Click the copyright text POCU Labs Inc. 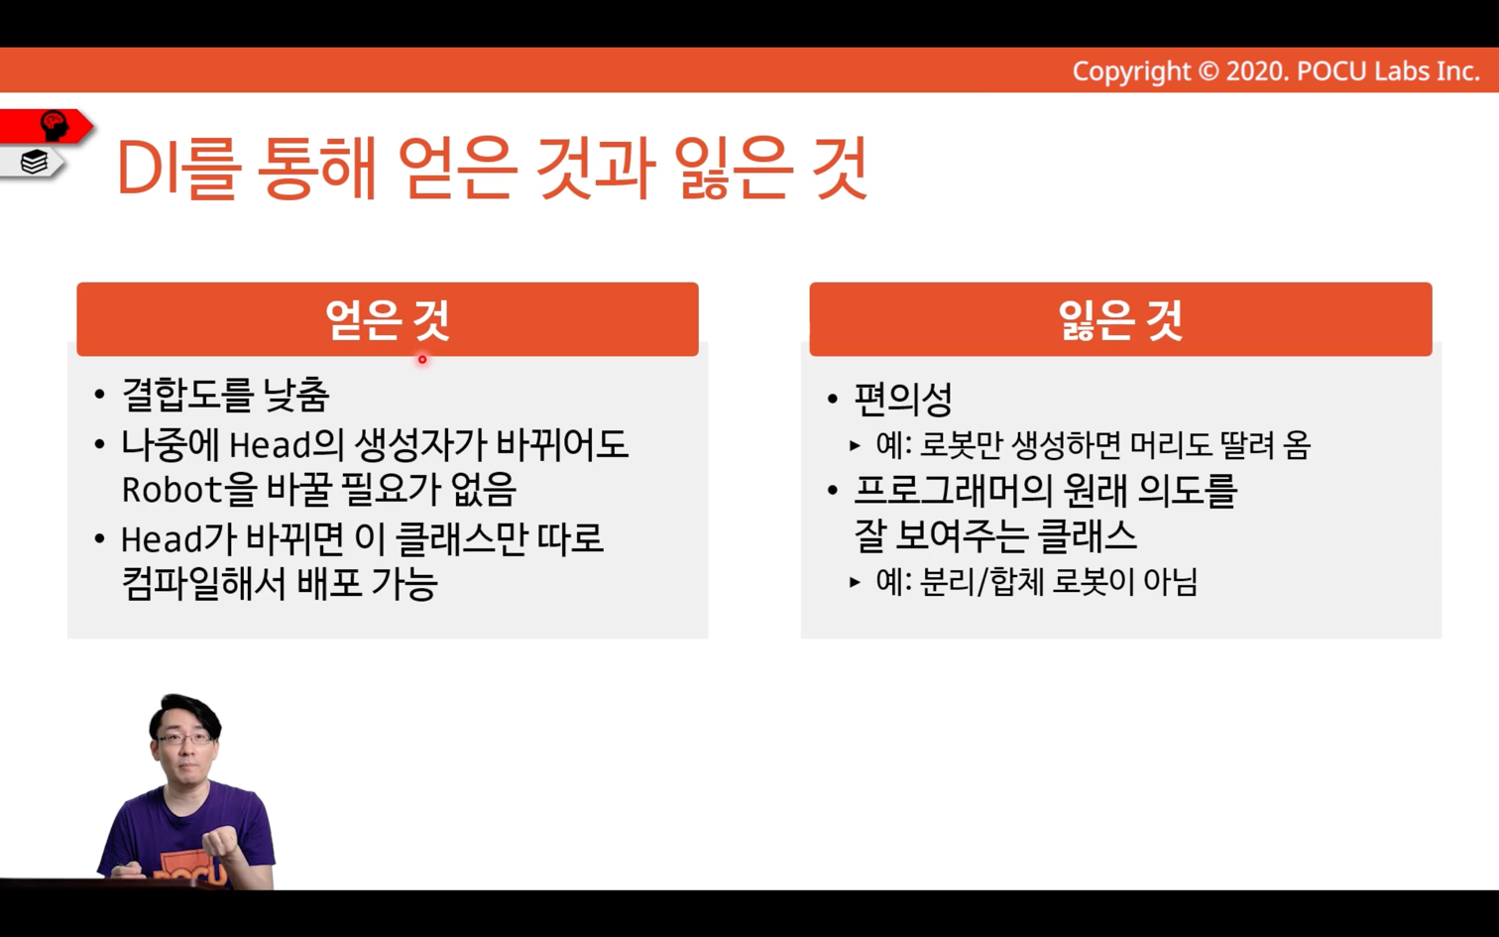point(1388,71)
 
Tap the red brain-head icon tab point(47,126)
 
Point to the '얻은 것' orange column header point(388,319)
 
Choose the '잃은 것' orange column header point(1121,319)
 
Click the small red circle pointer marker point(422,360)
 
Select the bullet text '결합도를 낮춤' point(225,395)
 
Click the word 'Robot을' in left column point(189,489)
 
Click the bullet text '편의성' point(903,399)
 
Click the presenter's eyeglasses point(182,739)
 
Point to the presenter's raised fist point(219,841)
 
